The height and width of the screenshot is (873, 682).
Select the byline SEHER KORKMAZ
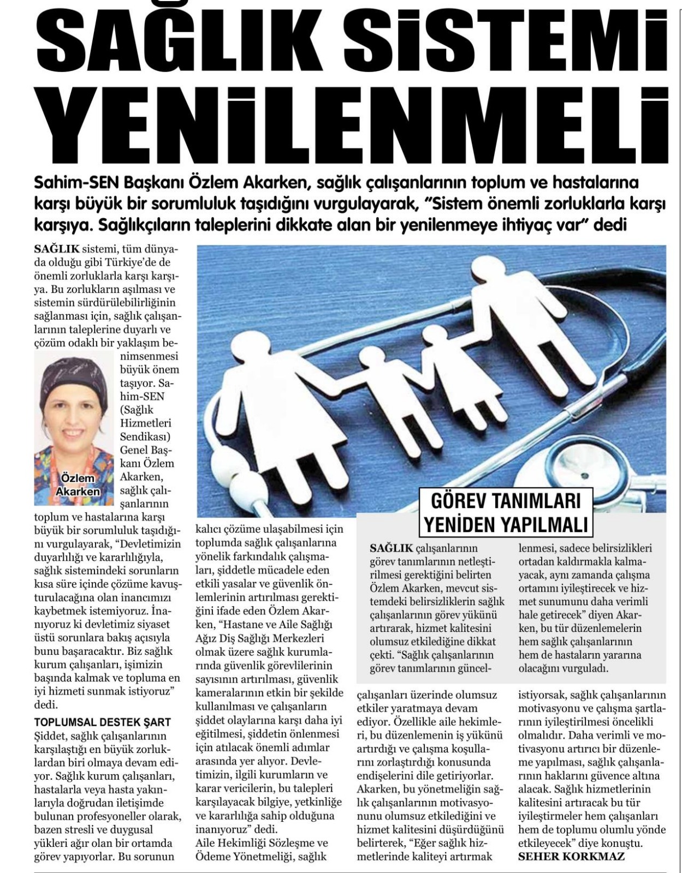[571, 856]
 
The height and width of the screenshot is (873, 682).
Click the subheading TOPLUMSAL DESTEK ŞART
[102, 722]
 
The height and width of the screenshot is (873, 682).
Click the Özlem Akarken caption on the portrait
[78, 485]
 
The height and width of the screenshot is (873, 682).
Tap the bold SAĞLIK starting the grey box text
[391, 547]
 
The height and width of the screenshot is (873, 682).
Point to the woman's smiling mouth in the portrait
[73, 434]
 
